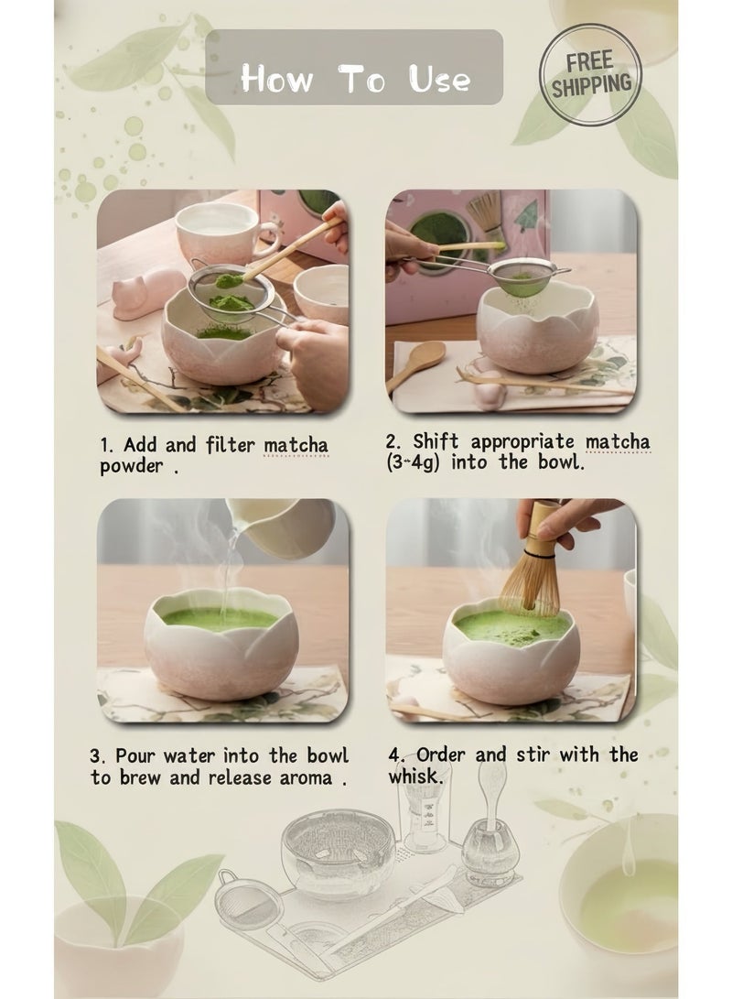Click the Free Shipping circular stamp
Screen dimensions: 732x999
[590, 74]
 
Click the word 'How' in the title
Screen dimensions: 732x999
[277, 80]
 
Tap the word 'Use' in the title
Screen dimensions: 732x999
[439, 79]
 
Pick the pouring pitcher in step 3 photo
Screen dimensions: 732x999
[281, 525]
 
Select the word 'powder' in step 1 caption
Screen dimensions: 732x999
[132, 466]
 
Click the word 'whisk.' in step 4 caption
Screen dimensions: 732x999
[415, 776]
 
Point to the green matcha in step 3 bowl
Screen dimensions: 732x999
[220, 617]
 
